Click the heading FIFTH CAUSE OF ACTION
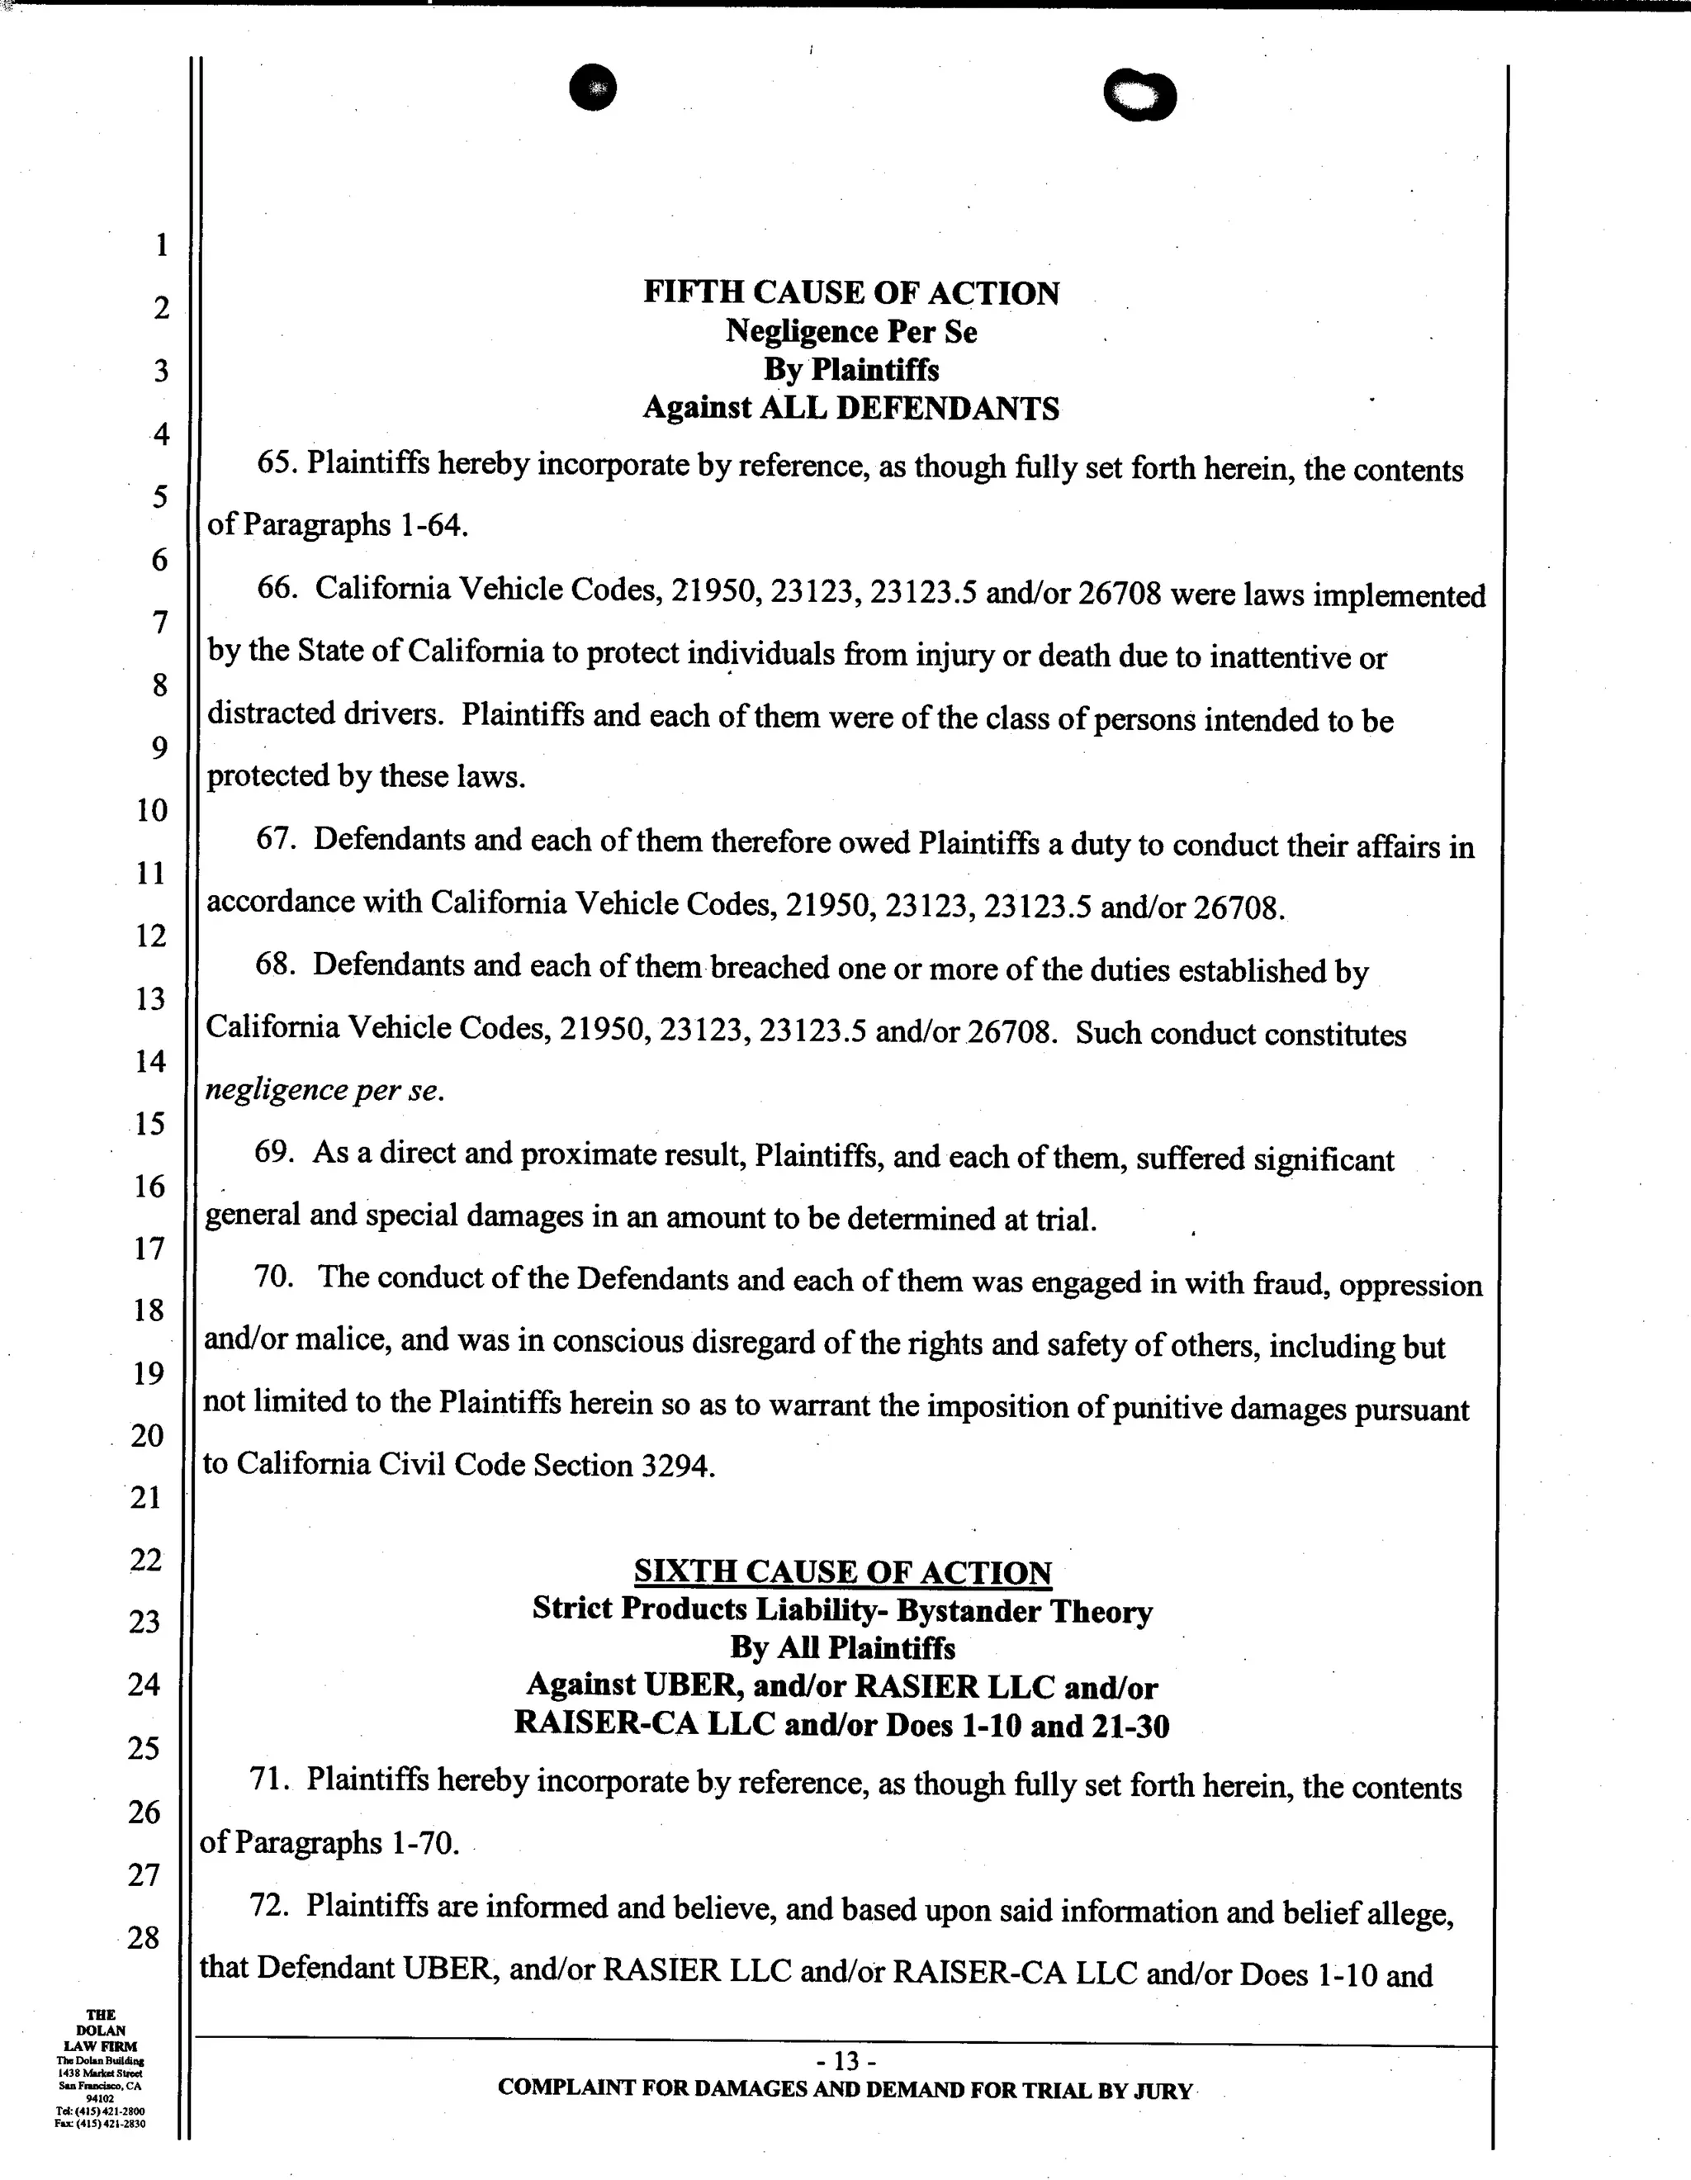click(850, 292)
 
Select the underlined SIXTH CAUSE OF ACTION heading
click(842, 1572)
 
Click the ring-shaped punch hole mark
click(1140, 97)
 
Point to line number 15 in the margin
click(149, 1124)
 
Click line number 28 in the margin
click(143, 1937)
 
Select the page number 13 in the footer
click(845, 2060)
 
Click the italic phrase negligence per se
click(322, 1091)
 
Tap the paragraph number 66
click(277, 589)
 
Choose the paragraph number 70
click(273, 1277)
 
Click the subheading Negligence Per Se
click(850, 331)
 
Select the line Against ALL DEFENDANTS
click(850, 408)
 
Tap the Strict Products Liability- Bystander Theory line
click(842, 1610)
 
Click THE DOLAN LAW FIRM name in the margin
click(101, 2031)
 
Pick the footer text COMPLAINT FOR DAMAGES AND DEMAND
click(845, 2089)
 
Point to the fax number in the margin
click(100, 2124)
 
